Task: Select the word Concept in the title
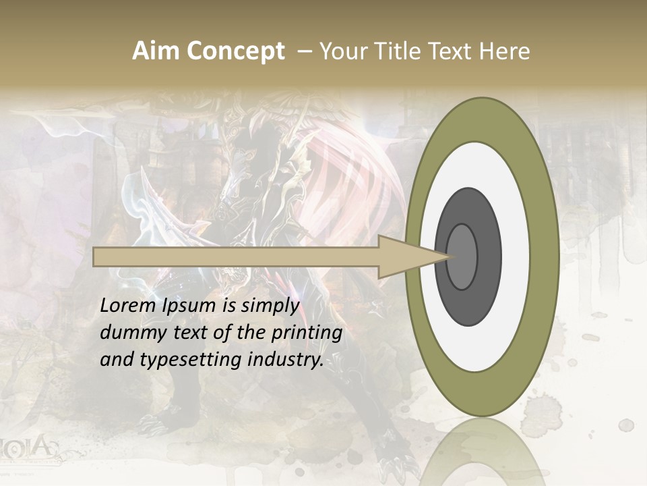(235, 51)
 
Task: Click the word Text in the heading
(449, 51)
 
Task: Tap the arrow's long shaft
(236, 256)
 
